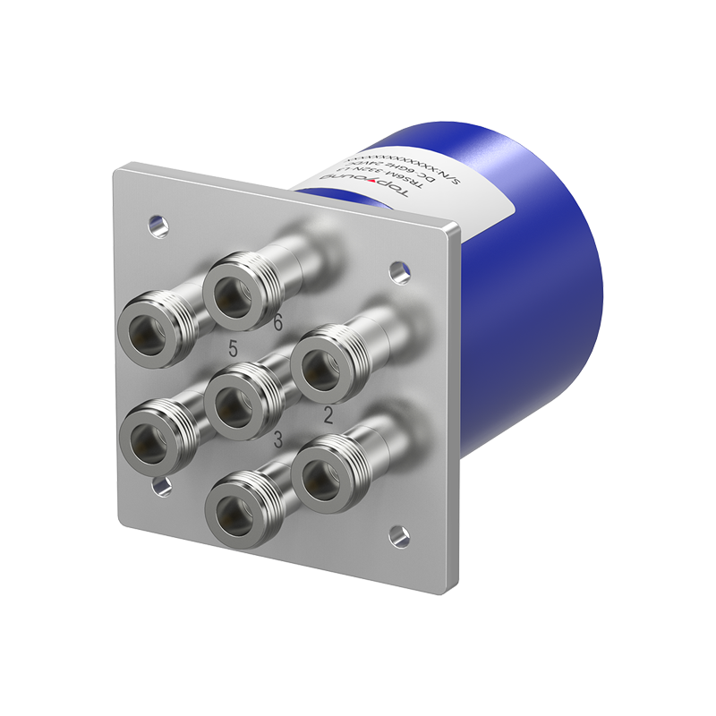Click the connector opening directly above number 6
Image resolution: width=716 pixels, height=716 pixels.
click(x=236, y=286)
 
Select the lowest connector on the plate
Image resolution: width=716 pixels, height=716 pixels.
click(x=237, y=511)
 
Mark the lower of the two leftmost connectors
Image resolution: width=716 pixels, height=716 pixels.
click(x=152, y=439)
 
